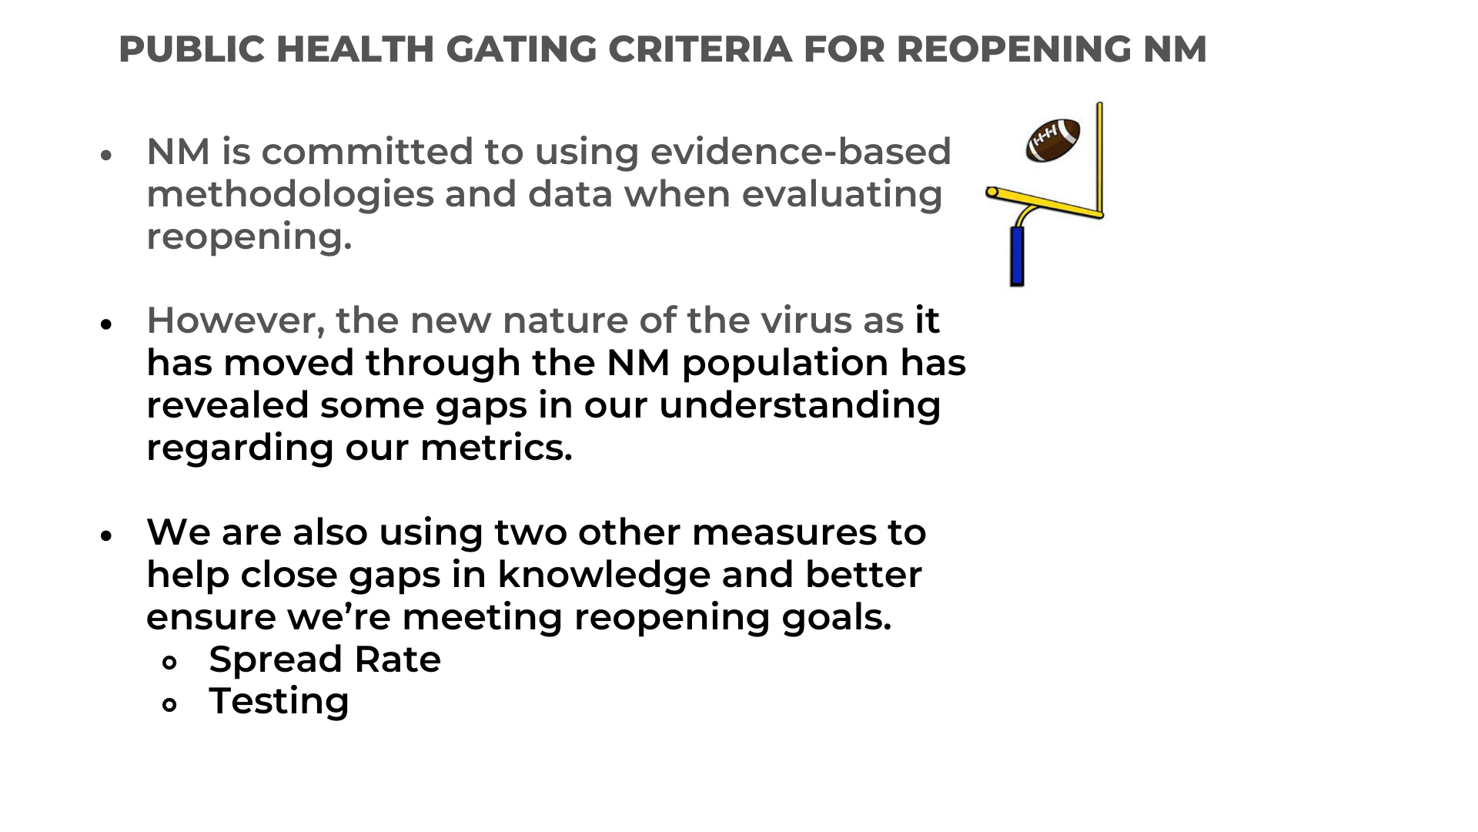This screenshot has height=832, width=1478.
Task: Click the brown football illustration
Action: tap(1053, 140)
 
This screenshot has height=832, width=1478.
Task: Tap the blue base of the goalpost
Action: tap(1018, 256)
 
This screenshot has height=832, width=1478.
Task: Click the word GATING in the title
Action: tap(520, 49)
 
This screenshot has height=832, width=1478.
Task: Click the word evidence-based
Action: tap(801, 151)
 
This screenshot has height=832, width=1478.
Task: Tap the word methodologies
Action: tap(290, 194)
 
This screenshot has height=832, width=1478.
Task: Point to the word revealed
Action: tap(228, 405)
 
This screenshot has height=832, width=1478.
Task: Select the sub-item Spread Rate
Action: tap(325, 660)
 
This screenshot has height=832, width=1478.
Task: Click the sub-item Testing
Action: tap(279, 702)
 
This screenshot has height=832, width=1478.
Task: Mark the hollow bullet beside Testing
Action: tap(170, 704)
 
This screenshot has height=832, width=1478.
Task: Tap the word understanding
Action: tap(800, 406)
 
